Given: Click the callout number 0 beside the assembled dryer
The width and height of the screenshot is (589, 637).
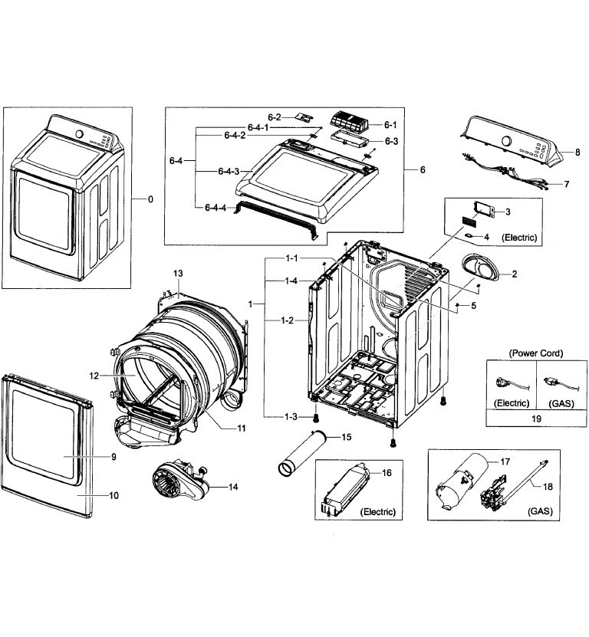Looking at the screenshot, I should click(150, 199).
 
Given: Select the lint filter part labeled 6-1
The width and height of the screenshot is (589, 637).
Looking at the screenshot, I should click(350, 123).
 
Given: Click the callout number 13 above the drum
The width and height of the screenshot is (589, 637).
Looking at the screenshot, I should click(178, 274).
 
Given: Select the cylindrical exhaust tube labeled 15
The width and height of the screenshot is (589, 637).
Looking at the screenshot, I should click(303, 454).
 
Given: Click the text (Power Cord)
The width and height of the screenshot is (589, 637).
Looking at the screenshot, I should click(536, 353).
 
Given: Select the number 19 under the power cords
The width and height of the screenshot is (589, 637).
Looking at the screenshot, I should click(536, 419).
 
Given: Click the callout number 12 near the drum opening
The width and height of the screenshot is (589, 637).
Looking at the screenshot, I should click(94, 376).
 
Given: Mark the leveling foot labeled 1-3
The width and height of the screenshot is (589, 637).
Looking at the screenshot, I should click(315, 416).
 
